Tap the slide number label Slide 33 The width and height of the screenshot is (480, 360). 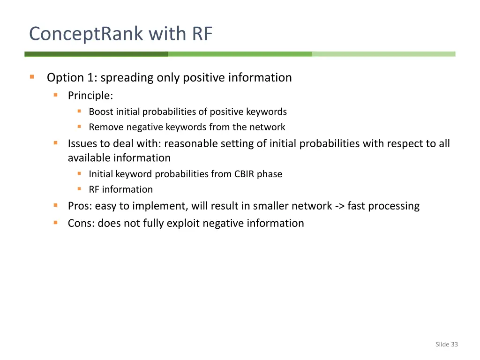[x=446, y=345]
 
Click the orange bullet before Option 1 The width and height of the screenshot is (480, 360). [x=32, y=77]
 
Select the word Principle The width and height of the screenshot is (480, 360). [x=90, y=96]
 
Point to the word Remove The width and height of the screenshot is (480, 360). [x=106, y=127]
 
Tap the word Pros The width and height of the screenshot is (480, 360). [x=79, y=206]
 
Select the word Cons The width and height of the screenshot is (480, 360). [x=81, y=223]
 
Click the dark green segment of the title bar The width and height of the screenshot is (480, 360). [x=96, y=54]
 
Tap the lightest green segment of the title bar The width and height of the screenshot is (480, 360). [x=383, y=54]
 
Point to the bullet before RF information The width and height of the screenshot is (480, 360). [x=80, y=189]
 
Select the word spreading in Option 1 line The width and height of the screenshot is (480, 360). [x=127, y=77]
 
